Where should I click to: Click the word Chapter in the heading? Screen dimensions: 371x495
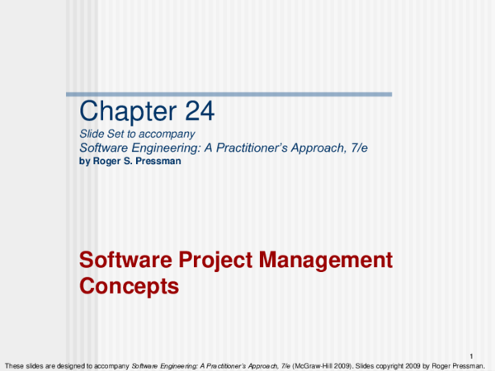[120, 111]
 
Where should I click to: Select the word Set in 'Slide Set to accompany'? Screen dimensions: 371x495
[115, 134]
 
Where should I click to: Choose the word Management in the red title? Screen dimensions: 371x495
[326, 261]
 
